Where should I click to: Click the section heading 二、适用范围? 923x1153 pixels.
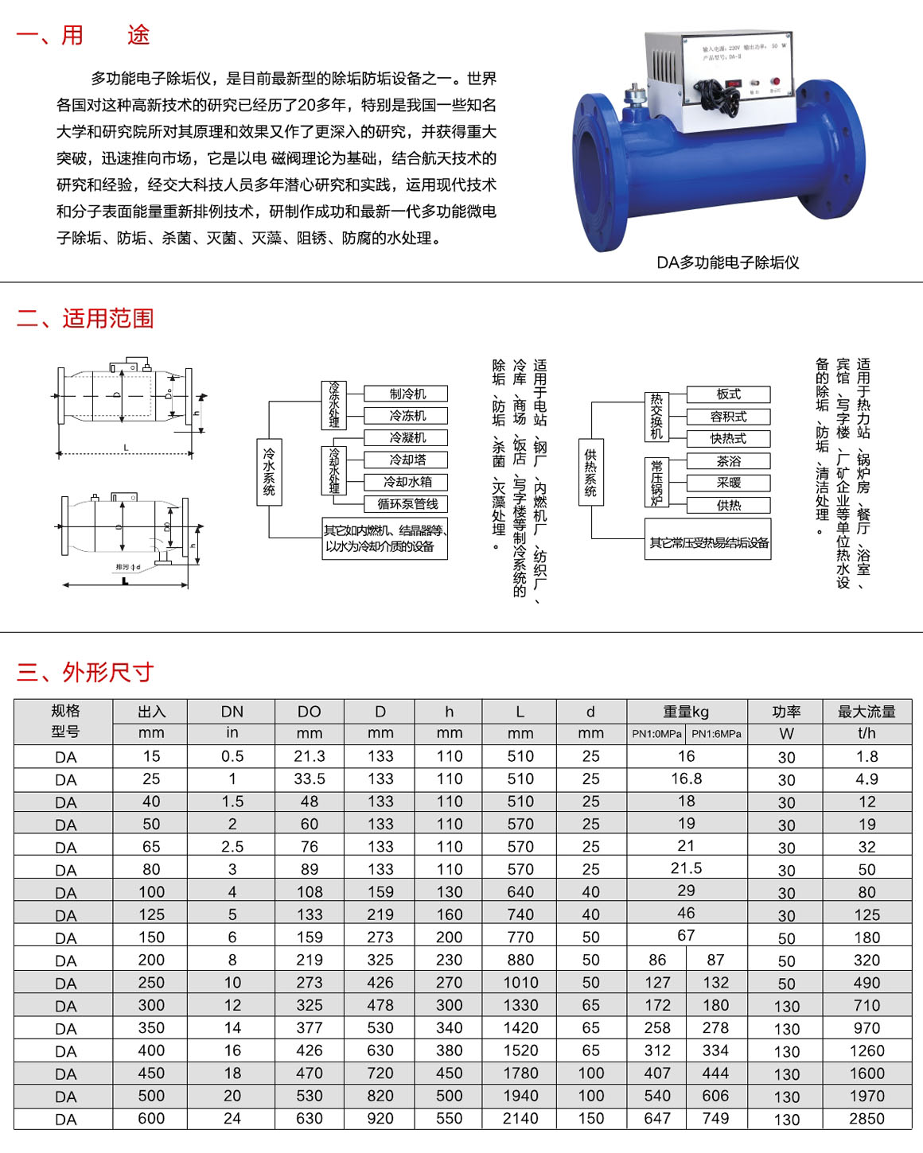[85, 319]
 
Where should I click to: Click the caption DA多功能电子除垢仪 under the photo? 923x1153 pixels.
[727, 262]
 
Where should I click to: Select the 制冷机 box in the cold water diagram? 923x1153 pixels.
[407, 394]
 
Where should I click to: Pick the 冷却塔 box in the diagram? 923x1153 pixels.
[407, 460]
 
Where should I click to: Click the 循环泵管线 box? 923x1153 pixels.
[407, 504]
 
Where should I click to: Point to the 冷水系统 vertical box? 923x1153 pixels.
[269, 472]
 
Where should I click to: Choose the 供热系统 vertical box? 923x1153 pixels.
[590, 472]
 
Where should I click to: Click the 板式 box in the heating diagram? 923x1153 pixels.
[728, 394]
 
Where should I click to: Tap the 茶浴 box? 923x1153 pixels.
[728, 461]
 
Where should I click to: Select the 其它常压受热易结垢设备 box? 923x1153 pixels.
[708, 542]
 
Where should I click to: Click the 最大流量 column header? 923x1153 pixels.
[867, 712]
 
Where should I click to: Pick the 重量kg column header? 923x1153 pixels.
[686, 712]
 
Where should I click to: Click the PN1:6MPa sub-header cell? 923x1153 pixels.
[716, 734]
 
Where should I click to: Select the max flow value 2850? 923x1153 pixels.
[867, 1119]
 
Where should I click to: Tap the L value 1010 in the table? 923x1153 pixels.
[520, 983]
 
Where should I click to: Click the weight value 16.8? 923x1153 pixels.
[686, 779]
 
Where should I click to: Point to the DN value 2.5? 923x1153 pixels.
[232, 847]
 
